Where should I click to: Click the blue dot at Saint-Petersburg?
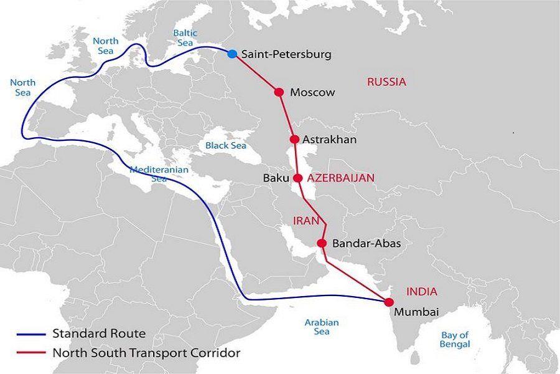[x=232, y=54]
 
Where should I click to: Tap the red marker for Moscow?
[x=279, y=92]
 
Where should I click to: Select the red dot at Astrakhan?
[x=294, y=140]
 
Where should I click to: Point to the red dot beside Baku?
[x=298, y=178]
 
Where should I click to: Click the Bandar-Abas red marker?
[x=322, y=243]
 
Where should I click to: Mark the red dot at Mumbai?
[x=390, y=302]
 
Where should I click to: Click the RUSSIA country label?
[x=386, y=82]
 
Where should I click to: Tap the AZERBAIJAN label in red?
[x=341, y=178]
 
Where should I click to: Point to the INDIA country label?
[x=421, y=291]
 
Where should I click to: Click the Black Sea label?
[x=226, y=145]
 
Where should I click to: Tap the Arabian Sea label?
[x=321, y=327]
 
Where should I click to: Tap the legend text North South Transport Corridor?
[x=146, y=353]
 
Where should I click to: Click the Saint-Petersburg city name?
[x=286, y=54]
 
